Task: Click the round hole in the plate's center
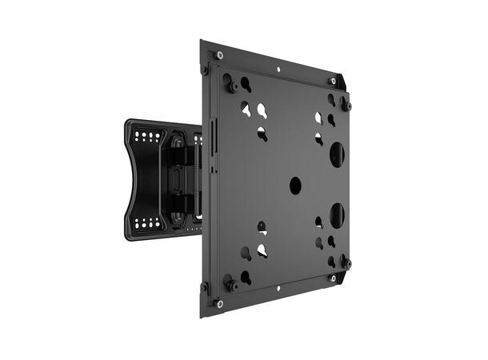[x=295, y=186]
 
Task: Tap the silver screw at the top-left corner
[x=220, y=55]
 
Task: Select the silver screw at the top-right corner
[x=333, y=81]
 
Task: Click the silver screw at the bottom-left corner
[x=220, y=302]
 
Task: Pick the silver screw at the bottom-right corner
[x=333, y=278]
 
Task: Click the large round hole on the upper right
[x=337, y=154]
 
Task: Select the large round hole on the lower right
[x=337, y=214]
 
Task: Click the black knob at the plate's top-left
[x=230, y=83]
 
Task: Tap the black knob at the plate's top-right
[x=346, y=105]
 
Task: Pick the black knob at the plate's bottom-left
[x=230, y=283]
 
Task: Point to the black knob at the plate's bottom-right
[x=346, y=262]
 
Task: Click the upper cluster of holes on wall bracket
[x=146, y=137]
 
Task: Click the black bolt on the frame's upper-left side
[x=204, y=70]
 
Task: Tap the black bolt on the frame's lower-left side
[x=204, y=286]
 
